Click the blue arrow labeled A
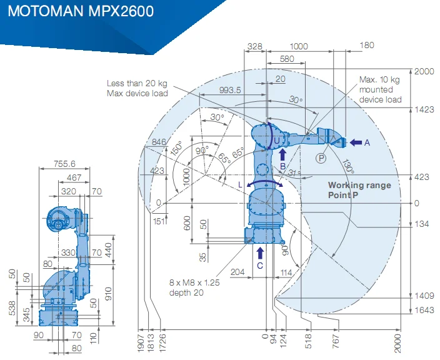coord(355,142)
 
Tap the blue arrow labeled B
coord(282,155)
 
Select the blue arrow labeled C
coord(261,253)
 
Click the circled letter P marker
coord(321,159)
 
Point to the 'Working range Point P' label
coord(359,190)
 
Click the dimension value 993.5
coord(230,90)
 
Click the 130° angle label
coord(348,167)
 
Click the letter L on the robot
coord(240,184)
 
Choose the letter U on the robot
coord(276,140)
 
